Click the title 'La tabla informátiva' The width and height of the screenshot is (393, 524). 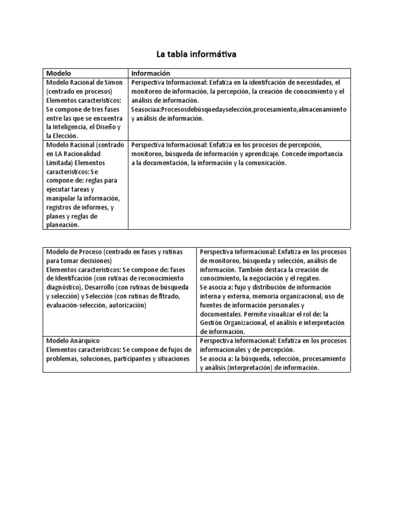[x=196, y=53]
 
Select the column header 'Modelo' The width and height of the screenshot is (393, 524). [x=59, y=73]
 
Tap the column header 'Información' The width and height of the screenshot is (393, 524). [x=150, y=73]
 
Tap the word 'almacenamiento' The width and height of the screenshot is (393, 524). [x=322, y=110]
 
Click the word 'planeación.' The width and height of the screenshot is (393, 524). [x=63, y=225]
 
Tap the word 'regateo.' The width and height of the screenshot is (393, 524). [x=306, y=278]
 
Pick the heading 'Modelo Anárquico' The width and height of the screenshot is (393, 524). [x=73, y=341]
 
